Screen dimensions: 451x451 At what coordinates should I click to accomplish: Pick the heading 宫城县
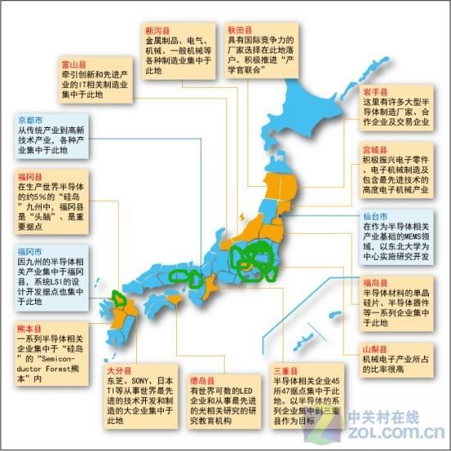pyautogui.click(x=376, y=150)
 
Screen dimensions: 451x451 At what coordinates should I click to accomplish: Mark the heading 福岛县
pyautogui.click(x=376, y=283)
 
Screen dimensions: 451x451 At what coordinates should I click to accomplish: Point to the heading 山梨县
pyautogui.click(x=376, y=348)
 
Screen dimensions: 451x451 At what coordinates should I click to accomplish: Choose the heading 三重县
pyautogui.click(x=285, y=371)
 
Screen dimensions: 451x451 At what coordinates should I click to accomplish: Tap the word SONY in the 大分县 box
pyautogui.click(x=144, y=382)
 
